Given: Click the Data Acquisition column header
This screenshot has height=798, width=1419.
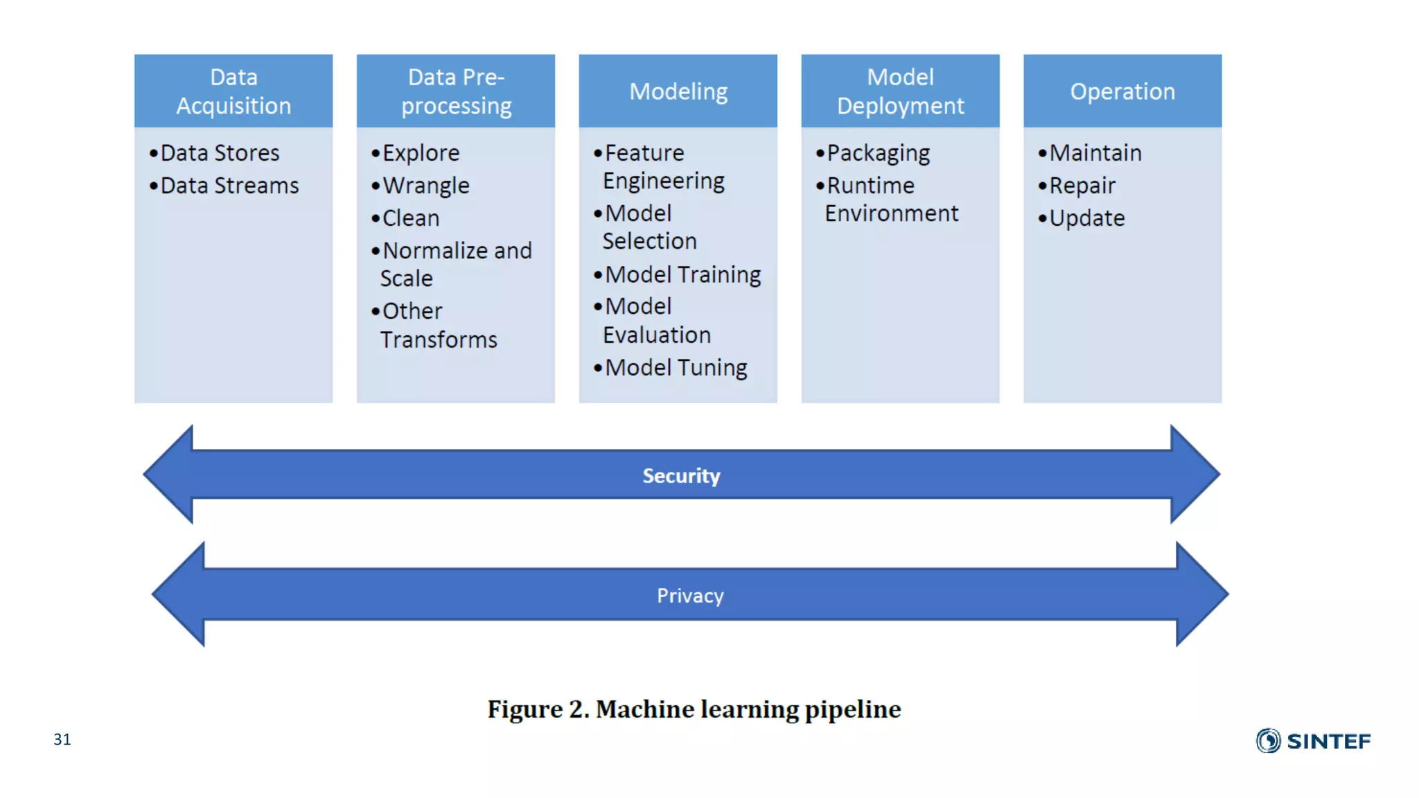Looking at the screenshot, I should tap(233, 91).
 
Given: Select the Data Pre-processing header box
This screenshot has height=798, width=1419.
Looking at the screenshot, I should tap(456, 91).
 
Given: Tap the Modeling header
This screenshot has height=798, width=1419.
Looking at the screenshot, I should tap(678, 91).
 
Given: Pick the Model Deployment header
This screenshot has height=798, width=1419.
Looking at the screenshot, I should tap(900, 91).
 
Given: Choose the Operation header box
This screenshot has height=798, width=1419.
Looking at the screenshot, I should tap(1122, 91).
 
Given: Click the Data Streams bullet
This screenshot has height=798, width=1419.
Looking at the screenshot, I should tap(229, 186).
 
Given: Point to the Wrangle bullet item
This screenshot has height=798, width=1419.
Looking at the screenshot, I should tap(425, 186).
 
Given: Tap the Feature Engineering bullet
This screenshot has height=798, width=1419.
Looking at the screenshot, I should tap(662, 166).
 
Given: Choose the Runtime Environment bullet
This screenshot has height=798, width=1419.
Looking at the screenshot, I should tap(891, 199).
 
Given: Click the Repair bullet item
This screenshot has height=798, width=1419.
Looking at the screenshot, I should tap(1082, 186).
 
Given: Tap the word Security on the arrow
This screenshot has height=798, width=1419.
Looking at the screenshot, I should tap(681, 476).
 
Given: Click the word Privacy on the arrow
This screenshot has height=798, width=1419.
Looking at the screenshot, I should tap(690, 596).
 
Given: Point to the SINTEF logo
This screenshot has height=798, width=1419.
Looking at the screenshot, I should tap(1313, 741).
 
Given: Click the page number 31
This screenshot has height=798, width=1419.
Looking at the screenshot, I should tap(62, 739).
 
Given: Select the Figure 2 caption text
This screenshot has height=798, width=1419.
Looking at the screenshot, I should tap(694, 709).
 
